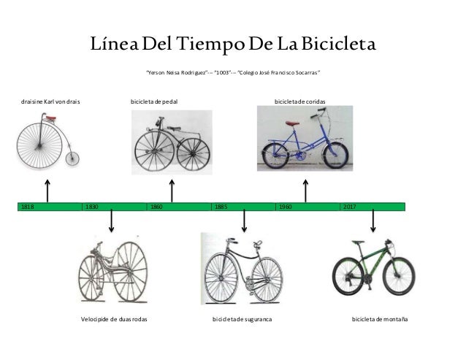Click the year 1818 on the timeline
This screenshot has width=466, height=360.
28,207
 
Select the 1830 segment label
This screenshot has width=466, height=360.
92,207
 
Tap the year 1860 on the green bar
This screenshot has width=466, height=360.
156,207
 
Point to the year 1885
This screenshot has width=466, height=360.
221,207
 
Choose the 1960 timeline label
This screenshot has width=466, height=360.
285,207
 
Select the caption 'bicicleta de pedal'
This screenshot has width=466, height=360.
153,102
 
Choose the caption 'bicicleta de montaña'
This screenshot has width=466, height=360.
379,320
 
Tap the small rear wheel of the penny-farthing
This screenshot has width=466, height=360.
72,158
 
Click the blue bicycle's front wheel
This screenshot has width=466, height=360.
338,155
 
